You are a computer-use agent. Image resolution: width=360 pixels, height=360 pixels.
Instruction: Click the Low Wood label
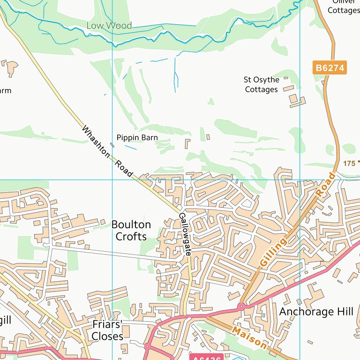[x=109, y=25]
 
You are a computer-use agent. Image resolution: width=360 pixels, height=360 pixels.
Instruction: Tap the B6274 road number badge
[x=330, y=68]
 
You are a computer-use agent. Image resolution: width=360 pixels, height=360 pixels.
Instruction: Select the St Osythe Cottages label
[x=262, y=84]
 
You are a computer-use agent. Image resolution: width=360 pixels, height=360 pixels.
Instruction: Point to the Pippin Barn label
[x=137, y=138]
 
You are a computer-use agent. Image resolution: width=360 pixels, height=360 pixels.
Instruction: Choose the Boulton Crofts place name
[x=131, y=231]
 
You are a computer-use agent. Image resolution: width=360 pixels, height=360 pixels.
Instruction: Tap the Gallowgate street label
[x=185, y=234]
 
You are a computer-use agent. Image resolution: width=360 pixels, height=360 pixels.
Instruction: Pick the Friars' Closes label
[x=107, y=331]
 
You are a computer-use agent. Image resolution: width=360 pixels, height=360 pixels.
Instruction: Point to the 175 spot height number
[x=349, y=164]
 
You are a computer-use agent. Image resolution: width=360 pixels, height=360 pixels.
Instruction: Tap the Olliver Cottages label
[x=343, y=7]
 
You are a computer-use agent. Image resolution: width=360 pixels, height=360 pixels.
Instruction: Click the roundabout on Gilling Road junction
[x=241, y=307]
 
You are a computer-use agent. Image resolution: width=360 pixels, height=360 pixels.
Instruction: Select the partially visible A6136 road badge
[x=207, y=358]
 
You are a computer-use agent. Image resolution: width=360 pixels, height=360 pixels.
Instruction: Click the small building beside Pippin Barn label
[x=112, y=145]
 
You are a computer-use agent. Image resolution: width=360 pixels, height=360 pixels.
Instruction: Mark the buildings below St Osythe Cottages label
[x=295, y=99]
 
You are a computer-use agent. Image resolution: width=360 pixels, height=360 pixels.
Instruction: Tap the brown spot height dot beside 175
[x=359, y=162]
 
